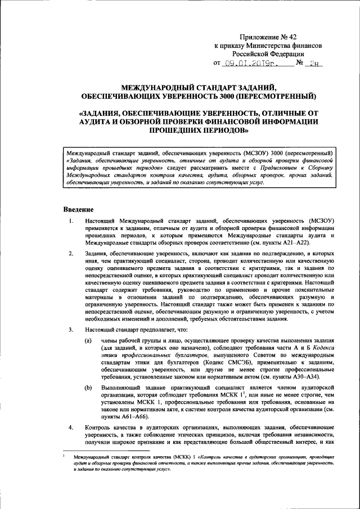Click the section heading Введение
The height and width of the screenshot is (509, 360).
pos(78,209)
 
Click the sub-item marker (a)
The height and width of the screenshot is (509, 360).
pos(88,341)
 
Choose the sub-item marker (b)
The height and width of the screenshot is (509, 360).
pos(88,389)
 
